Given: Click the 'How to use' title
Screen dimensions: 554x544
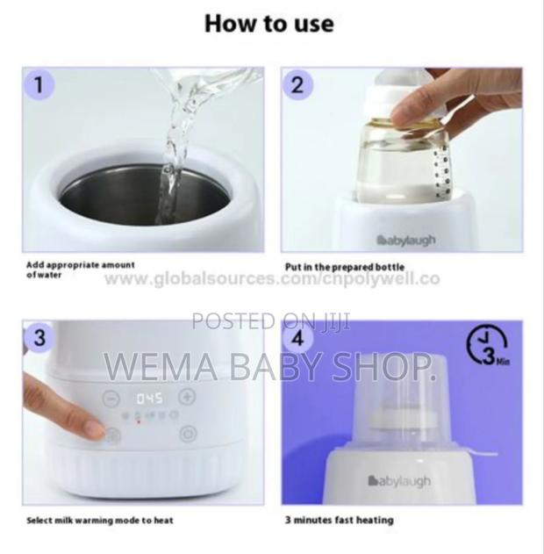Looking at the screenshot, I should [x=268, y=24].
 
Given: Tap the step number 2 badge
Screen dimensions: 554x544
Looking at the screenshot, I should [x=298, y=85].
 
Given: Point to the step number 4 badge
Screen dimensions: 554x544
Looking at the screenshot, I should [x=298, y=338].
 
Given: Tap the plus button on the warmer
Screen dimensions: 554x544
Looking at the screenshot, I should [x=186, y=397].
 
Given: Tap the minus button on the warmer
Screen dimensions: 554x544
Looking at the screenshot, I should [x=111, y=397].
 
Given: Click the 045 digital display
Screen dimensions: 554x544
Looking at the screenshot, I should [x=148, y=398].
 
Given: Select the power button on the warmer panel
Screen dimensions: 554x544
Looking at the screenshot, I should [x=187, y=434].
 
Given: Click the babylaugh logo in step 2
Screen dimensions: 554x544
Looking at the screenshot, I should [x=405, y=240].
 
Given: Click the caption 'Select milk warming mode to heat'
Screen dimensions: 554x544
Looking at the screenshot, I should [x=99, y=520].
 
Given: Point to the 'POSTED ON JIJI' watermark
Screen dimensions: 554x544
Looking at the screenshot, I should [x=271, y=321].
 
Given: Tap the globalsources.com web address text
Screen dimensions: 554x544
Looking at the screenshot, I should [x=272, y=279].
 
